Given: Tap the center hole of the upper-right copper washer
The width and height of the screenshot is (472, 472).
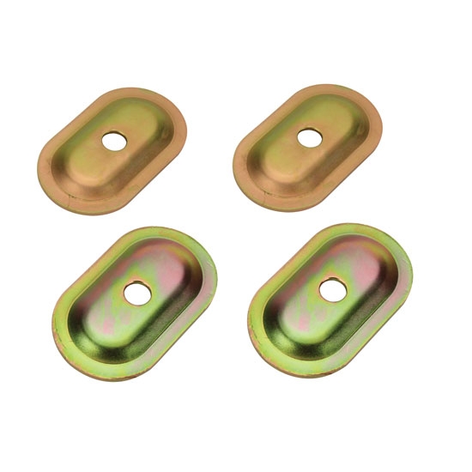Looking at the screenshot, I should (x=310, y=136).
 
